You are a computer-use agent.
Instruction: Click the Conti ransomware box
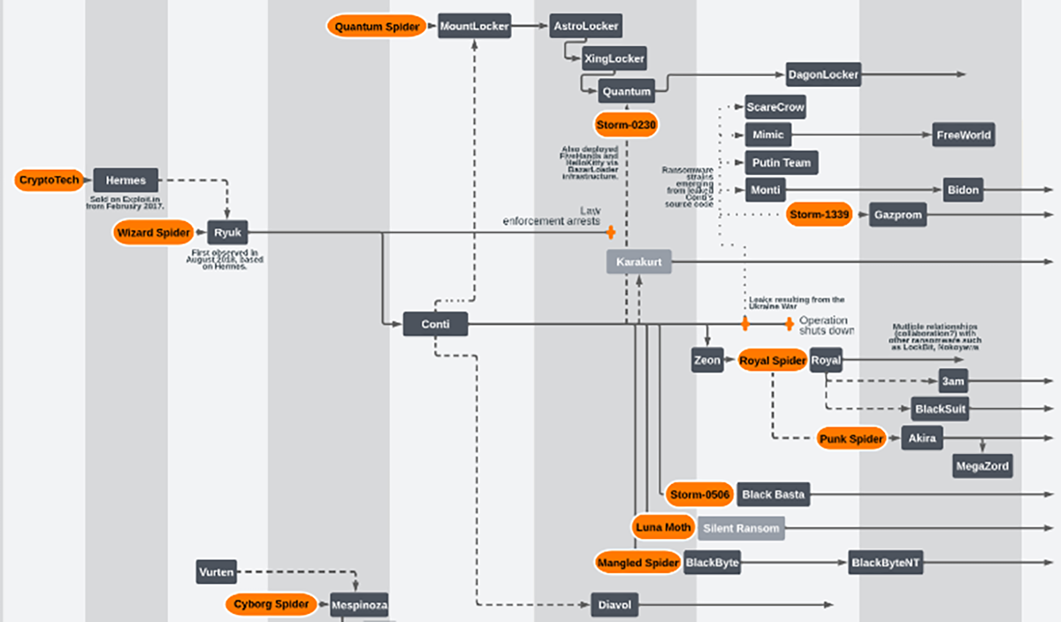[435, 324]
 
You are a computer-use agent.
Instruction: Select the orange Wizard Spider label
[153, 234]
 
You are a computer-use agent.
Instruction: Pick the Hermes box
[126, 180]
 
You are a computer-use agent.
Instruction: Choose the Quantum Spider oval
[378, 26]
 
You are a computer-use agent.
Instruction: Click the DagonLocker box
[823, 75]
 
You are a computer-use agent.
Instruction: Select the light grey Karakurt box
[639, 262]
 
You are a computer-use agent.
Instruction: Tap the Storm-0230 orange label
[627, 125]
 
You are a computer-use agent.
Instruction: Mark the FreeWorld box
[964, 135]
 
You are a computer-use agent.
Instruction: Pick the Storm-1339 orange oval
[819, 215]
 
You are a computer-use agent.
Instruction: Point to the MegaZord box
[981, 465]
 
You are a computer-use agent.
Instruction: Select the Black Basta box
[773, 495]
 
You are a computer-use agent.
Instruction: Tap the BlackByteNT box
[886, 563]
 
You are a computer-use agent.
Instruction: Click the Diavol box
[614, 605]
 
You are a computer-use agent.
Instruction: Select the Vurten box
[217, 572]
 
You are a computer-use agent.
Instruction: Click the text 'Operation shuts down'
[823, 325]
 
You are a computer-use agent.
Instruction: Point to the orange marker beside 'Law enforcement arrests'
[610, 233]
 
